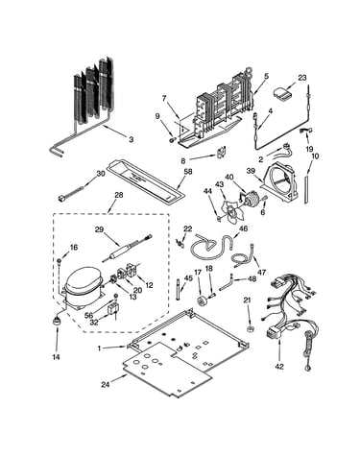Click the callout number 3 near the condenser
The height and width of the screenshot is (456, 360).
(x=132, y=139)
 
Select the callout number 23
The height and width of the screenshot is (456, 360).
(x=302, y=78)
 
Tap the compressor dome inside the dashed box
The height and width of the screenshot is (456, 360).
(x=83, y=280)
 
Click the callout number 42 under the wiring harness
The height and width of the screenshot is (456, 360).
(x=279, y=367)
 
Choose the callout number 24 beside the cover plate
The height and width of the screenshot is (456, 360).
(x=105, y=385)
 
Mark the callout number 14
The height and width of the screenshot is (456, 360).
(x=56, y=357)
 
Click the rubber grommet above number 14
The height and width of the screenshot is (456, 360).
(x=58, y=321)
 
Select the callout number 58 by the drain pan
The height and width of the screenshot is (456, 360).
(x=188, y=172)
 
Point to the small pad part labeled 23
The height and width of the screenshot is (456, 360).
(x=282, y=93)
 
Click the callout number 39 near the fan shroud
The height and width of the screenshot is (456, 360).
(x=251, y=171)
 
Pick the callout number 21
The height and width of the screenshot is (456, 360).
(x=248, y=300)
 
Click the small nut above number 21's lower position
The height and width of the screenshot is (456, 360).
(x=249, y=329)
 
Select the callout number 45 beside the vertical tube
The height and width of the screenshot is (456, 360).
(x=189, y=278)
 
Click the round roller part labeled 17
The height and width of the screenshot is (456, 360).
(x=202, y=301)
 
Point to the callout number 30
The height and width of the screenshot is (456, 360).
(x=101, y=173)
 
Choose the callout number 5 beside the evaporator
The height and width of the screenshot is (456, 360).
(x=266, y=76)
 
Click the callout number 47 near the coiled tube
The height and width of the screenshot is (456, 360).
(x=261, y=273)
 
